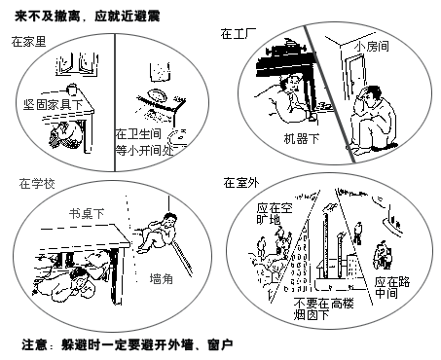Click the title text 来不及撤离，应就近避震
(x=88, y=14)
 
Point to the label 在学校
(x=35, y=183)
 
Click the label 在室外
(x=239, y=182)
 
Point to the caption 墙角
(x=163, y=279)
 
